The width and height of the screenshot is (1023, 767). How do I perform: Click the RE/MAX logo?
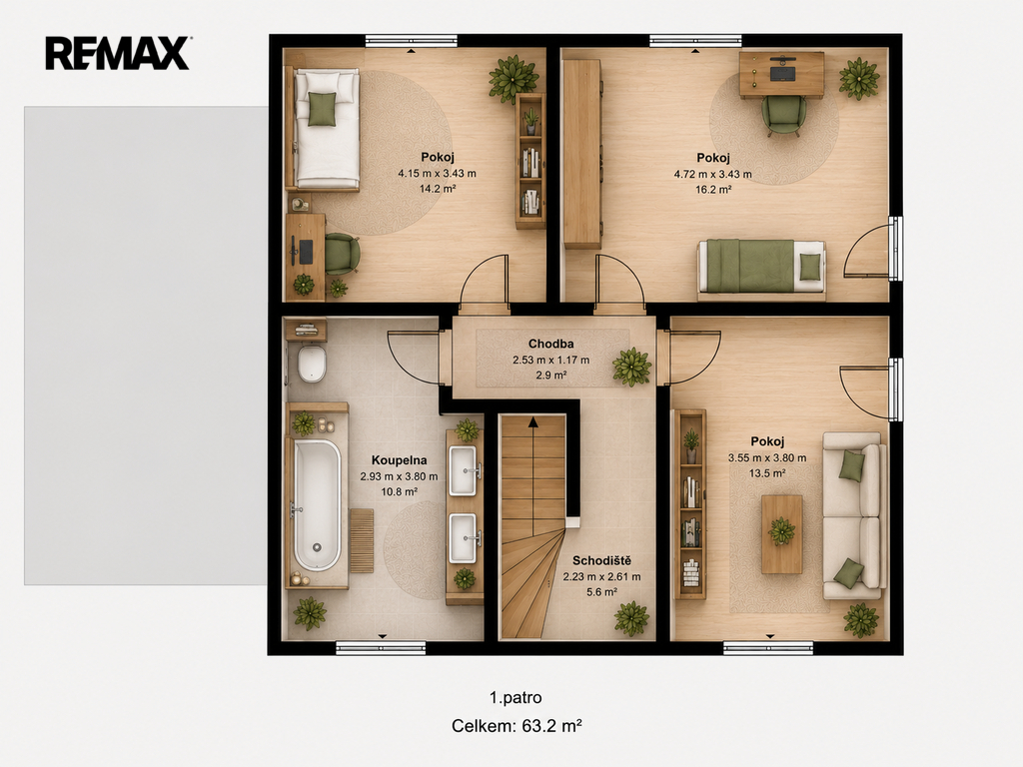pos(118,53)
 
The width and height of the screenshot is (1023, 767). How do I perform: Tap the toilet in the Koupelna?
pos(312,364)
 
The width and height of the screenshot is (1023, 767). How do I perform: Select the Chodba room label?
pos(551,344)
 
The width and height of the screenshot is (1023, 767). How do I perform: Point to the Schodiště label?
pos(601,560)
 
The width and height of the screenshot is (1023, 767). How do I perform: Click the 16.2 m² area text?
pos(713,190)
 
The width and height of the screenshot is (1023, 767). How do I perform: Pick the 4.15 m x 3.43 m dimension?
pos(438,174)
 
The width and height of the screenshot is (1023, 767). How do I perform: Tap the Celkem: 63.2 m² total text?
pos(516,726)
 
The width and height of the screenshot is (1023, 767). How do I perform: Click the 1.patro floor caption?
pos(515,698)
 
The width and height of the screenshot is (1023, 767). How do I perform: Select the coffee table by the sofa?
pos(781,534)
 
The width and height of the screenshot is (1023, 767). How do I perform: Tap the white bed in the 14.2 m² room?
pos(327,129)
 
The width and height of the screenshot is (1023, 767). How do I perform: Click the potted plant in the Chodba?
pos(631,366)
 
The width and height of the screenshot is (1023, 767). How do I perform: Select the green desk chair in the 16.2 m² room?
pos(783,115)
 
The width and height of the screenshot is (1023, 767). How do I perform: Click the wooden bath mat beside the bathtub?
pos(362,540)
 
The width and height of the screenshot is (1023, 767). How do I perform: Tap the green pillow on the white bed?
pos(322,109)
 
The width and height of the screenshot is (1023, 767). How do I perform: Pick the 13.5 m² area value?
pos(767,473)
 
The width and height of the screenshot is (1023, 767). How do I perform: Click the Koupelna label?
pos(400,459)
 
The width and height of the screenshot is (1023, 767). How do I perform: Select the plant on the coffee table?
pos(781,531)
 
